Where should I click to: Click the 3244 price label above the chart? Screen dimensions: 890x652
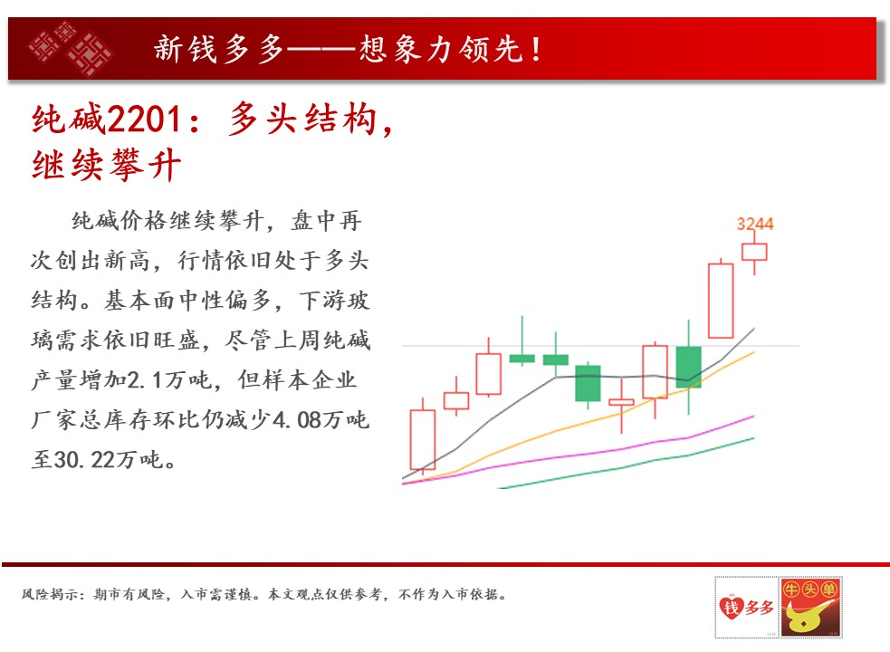(x=755, y=223)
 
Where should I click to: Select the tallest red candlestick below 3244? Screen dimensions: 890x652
(x=721, y=301)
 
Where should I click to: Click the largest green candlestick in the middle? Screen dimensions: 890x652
(x=588, y=383)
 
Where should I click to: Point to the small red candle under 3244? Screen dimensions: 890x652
(x=754, y=252)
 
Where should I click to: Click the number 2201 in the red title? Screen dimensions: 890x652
(x=144, y=120)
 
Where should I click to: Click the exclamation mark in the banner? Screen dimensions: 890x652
(x=536, y=50)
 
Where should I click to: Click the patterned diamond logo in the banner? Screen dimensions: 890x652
(x=71, y=48)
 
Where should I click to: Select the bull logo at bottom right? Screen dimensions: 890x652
(x=810, y=607)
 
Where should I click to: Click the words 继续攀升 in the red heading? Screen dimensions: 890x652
(x=107, y=166)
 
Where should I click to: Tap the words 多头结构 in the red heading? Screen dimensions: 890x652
(x=302, y=120)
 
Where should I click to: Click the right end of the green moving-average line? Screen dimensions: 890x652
(x=754, y=438)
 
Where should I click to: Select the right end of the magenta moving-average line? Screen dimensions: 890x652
(x=754, y=416)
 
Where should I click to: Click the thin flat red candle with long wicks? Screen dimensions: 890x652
(x=621, y=402)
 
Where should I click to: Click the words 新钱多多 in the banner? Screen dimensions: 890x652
(x=218, y=49)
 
